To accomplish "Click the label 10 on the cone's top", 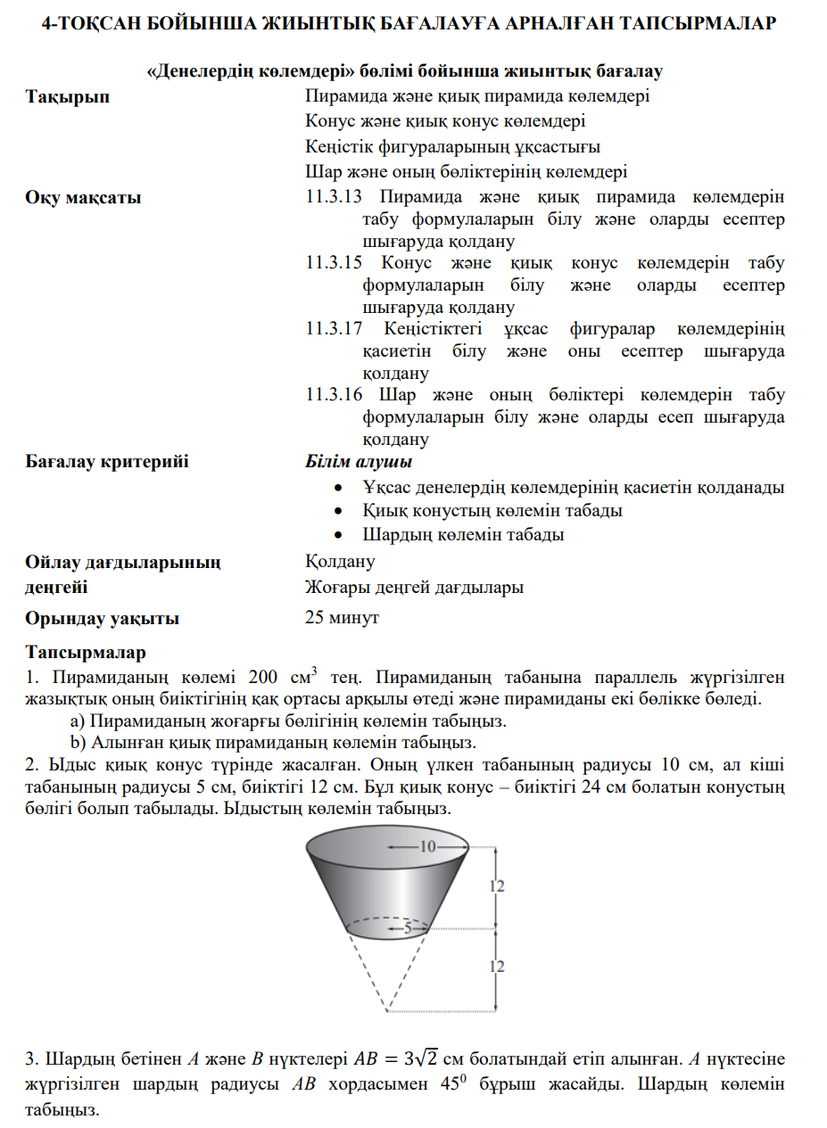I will click(x=427, y=846).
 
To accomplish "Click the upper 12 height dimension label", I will click(x=498, y=885).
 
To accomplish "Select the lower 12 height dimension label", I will click(x=498, y=966).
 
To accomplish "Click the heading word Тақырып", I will click(x=68, y=96).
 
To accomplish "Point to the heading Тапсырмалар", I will click(x=86, y=654).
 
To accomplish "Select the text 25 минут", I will click(x=342, y=618).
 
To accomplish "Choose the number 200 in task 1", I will click(x=263, y=677).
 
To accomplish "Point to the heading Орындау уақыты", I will click(x=102, y=618).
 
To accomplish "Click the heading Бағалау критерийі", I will click(x=107, y=463).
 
